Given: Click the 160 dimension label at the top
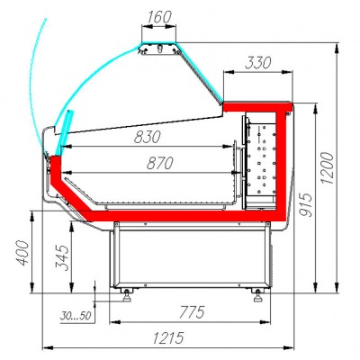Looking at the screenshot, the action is (158, 17).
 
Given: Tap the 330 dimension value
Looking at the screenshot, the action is (257, 63).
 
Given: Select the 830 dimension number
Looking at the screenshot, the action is (148, 137).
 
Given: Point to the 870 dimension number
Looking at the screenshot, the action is (160, 163).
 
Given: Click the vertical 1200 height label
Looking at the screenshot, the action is (327, 168).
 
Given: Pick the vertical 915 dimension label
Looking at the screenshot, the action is (306, 204).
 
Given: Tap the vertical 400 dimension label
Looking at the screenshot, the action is (22, 253).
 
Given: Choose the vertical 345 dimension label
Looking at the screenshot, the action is (62, 257).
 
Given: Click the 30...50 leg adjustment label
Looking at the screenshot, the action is (76, 316).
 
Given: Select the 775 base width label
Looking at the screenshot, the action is (192, 312).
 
